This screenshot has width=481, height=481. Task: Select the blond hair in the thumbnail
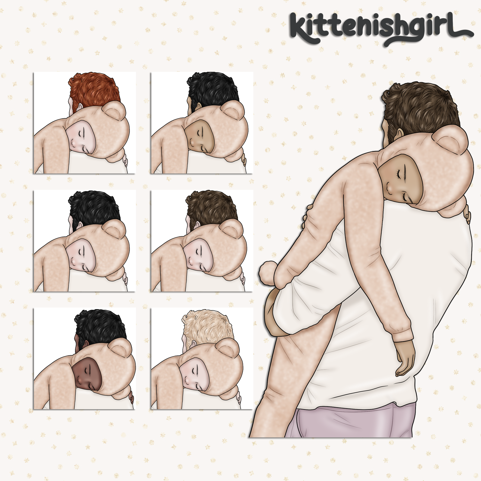click(x=207, y=327)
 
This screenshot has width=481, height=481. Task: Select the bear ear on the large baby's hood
click(x=450, y=139)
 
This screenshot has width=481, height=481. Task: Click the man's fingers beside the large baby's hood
click(x=467, y=215)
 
